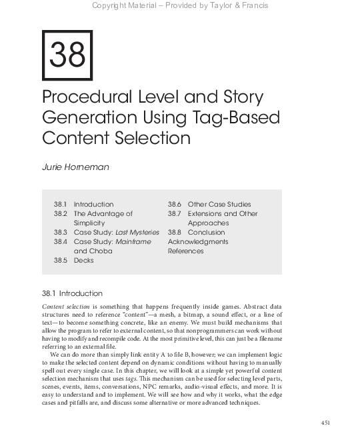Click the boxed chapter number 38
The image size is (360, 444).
tap(67, 56)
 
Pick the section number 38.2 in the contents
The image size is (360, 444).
tap(61, 213)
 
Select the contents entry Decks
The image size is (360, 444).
tap(83, 260)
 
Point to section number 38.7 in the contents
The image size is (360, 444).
tap(175, 213)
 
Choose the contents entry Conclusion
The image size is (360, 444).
tap(206, 232)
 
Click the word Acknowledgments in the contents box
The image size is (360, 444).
tap(198, 241)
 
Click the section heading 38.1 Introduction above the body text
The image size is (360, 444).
tap(72, 293)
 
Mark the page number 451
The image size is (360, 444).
tap(325, 423)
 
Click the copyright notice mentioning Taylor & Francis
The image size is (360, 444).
tap(179, 6)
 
